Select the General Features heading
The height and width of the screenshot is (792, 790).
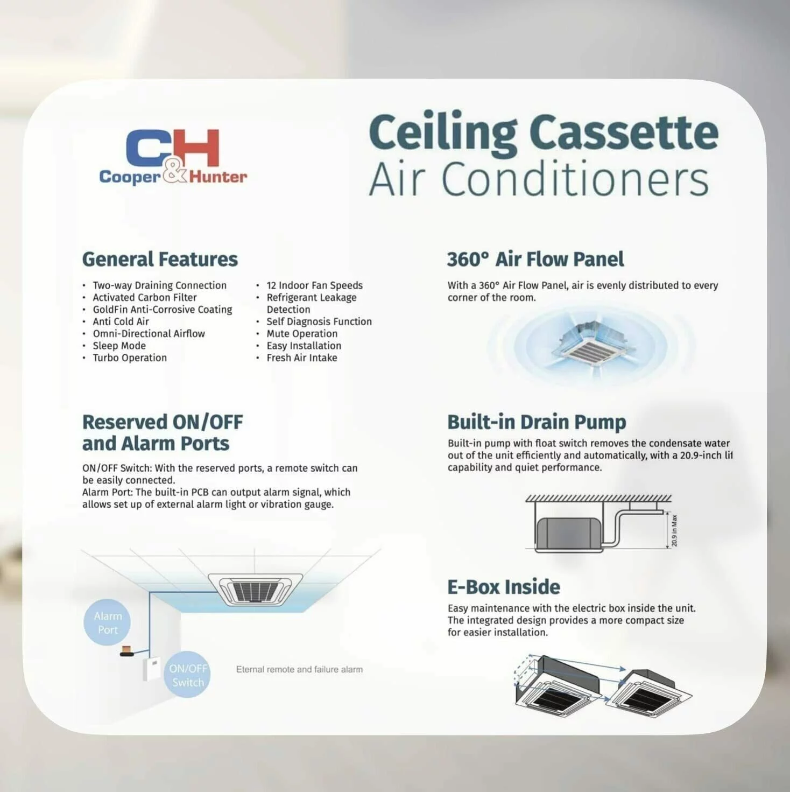pos(160,260)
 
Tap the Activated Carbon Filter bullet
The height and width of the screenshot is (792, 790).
pos(144,297)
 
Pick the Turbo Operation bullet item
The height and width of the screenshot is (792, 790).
pos(129,358)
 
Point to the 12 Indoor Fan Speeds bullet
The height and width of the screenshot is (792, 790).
pos(314,285)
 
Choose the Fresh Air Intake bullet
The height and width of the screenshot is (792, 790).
pos(301,358)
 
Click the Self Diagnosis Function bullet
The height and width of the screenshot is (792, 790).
pos(319,321)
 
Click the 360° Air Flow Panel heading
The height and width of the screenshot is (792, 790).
pos(535,260)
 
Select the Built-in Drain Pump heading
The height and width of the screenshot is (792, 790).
pos(537,423)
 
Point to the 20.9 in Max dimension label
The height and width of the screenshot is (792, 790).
pos(675,530)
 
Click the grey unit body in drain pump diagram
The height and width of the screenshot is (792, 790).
pos(568,533)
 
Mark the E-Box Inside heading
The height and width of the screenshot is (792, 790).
pos(504,587)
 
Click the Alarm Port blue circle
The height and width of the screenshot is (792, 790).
pos(108,622)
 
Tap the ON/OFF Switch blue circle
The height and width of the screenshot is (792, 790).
pos(187,675)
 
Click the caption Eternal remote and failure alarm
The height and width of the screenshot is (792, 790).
pos(299,669)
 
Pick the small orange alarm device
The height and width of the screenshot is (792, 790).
pos(126,651)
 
